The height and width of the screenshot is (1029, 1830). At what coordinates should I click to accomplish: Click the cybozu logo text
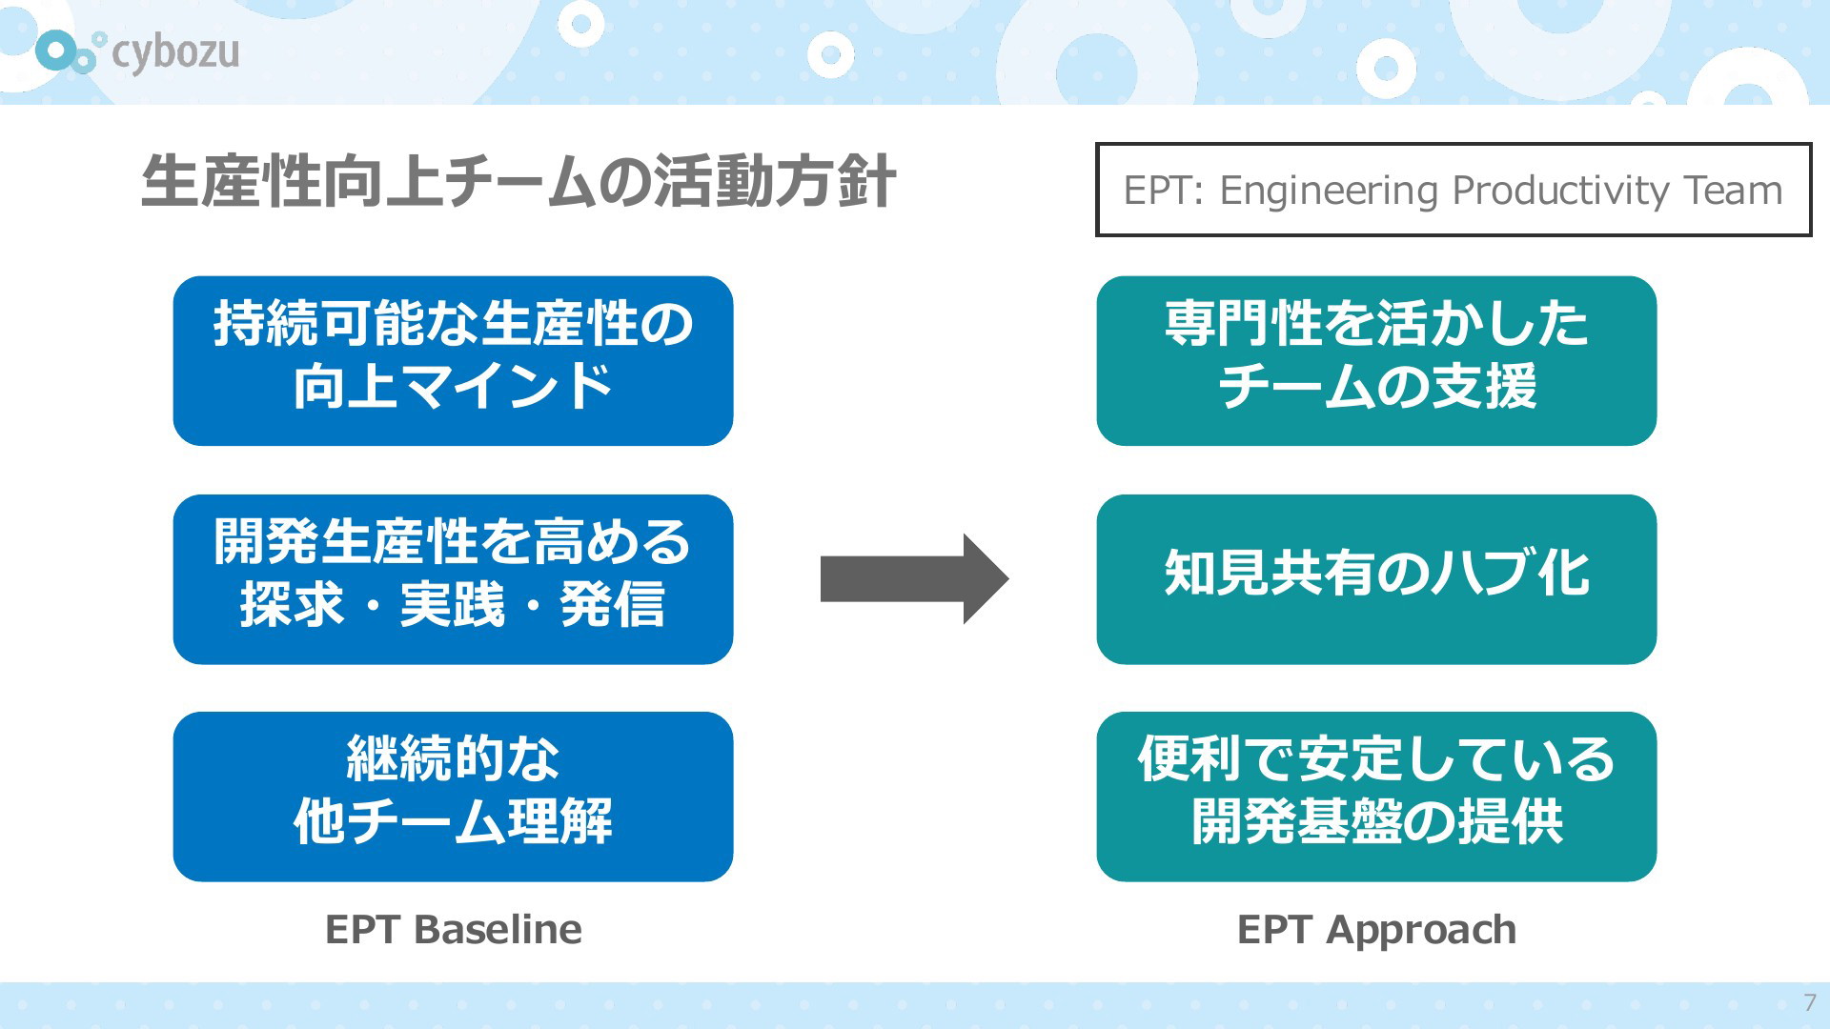(175, 53)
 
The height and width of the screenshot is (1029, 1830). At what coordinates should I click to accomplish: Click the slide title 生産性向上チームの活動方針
(518, 181)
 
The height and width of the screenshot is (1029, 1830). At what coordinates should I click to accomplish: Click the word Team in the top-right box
(1733, 191)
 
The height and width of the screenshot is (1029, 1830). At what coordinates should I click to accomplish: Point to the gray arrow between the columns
(914, 579)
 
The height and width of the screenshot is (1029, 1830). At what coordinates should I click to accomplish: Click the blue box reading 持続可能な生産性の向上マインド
(453, 361)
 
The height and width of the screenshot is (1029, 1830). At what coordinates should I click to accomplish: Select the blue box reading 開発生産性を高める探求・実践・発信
(453, 579)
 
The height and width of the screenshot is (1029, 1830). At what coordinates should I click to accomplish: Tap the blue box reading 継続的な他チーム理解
(453, 797)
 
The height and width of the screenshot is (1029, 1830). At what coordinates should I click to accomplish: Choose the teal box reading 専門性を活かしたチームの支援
(1376, 361)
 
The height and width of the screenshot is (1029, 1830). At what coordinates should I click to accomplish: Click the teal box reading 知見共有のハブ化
(1376, 579)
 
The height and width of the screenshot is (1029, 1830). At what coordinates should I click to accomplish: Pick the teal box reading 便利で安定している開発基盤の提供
(1376, 797)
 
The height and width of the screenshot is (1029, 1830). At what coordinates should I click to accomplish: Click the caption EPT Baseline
(454, 930)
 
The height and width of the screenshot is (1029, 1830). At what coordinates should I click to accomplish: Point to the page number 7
(1810, 1002)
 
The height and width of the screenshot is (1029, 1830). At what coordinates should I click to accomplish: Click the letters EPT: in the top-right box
(1164, 192)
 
